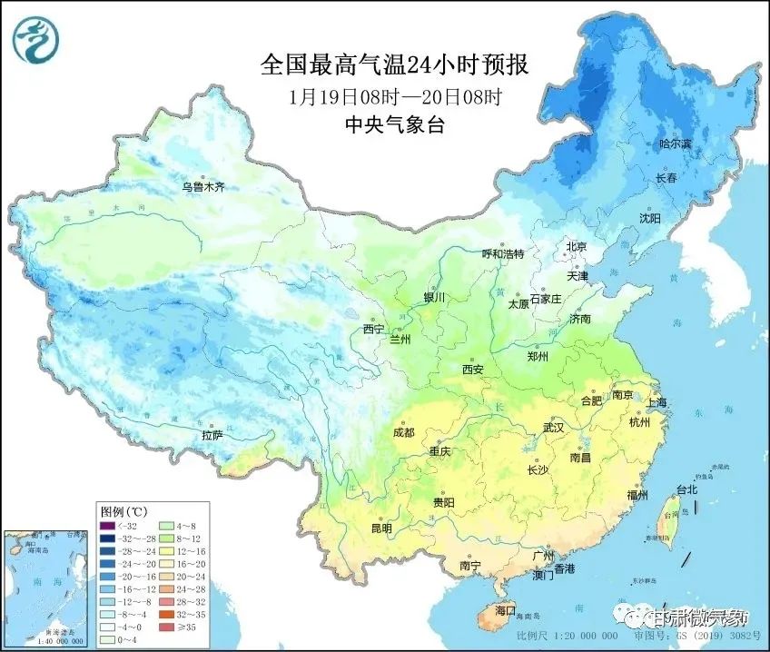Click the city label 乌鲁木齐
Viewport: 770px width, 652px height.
[202, 187]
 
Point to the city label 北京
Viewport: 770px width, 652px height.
[577, 247]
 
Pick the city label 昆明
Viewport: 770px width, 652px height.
[380, 528]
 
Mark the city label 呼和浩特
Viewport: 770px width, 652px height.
[503, 254]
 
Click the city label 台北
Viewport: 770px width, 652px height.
[687, 489]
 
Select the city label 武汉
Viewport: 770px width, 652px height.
[553, 427]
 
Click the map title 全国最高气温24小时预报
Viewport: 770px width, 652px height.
[394, 65]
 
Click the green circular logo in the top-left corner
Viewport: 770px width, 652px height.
[35, 39]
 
